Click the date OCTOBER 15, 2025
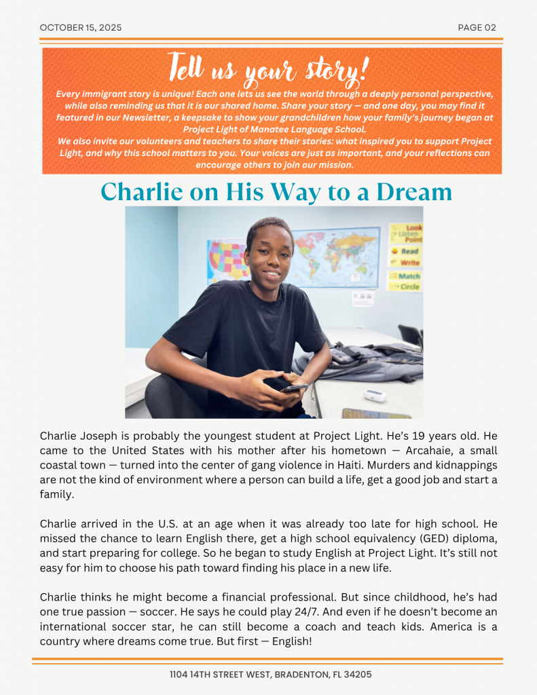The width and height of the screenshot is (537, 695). click(81, 28)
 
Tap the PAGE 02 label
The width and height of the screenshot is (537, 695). click(477, 28)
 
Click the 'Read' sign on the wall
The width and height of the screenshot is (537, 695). click(409, 251)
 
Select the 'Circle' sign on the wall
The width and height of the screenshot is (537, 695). click(409, 286)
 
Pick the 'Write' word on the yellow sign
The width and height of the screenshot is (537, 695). click(409, 263)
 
